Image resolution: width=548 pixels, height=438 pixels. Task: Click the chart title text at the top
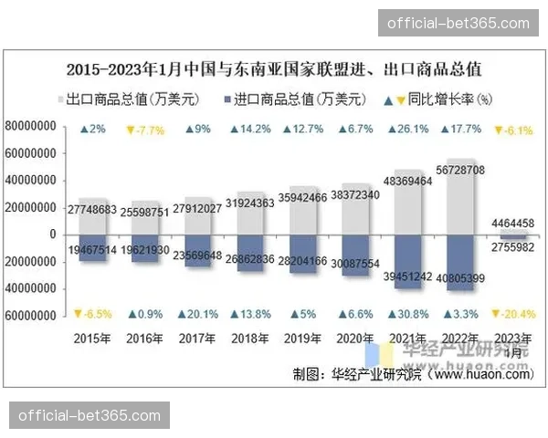click(x=274, y=68)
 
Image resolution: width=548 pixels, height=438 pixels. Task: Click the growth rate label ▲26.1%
click(x=406, y=129)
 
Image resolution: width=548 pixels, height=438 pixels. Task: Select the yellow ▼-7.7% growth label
click(x=146, y=130)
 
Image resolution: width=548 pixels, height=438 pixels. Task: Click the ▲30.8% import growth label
click(x=406, y=315)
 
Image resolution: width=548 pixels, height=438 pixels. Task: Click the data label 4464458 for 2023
click(x=512, y=223)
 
